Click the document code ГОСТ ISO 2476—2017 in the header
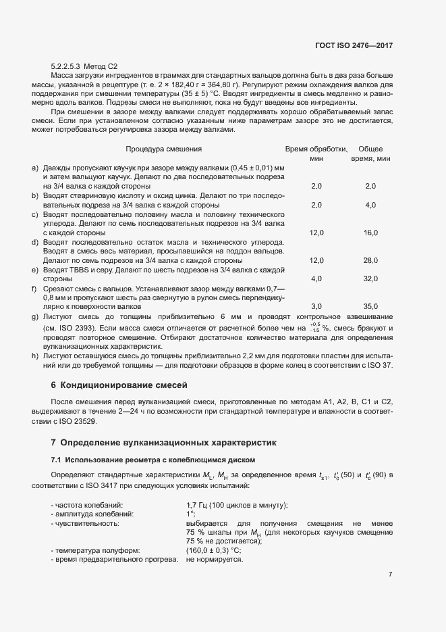(x=353, y=45)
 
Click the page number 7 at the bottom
(x=390, y=574)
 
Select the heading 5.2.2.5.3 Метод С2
(x=84, y=66)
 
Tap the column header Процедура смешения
(x=164, y=149)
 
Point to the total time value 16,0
(x=370, y=233)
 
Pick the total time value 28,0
(x=370, y=260)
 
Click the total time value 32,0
(x=370, y=278)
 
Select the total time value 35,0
(x=370, y=306)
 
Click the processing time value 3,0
(x=316, y=306)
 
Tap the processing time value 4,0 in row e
(x=316, y=278)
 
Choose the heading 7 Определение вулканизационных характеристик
(x=164, y=443)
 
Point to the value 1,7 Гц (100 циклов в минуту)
(x=237, y=505)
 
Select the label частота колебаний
(x=87, y=505)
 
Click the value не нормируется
(x=214, y=560)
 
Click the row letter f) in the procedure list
(x=34, y=288)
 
